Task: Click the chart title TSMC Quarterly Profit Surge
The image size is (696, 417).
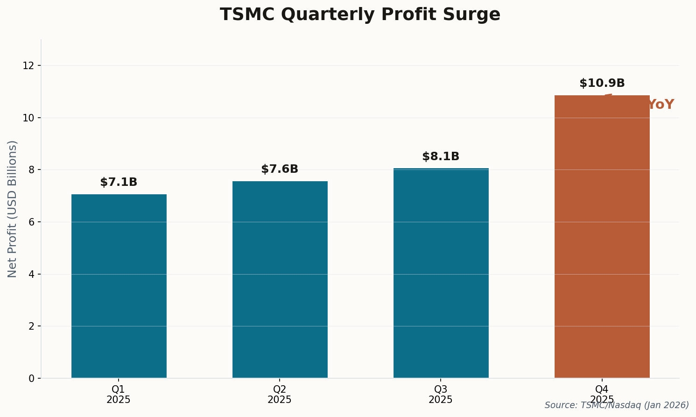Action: coord(360,15)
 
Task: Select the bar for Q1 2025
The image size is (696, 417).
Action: coord(119,286)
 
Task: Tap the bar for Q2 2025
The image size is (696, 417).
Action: coord(280,279)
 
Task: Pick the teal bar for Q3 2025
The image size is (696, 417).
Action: coord(441,273)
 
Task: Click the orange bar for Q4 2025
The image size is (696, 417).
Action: coord(602,236)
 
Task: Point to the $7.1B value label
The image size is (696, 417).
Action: coord(119,183)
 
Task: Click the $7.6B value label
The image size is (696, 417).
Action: coord(280,170)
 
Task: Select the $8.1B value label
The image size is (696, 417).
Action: coord(441,157)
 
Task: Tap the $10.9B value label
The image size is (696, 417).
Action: coord(602,84)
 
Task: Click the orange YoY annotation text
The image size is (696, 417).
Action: coord(661,105)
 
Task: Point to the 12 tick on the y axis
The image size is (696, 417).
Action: coord(29,65)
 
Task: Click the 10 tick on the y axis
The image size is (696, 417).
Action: coord(29,118)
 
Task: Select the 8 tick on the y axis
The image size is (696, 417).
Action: coord(32,170)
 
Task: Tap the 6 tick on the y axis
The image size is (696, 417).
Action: coord(32,222)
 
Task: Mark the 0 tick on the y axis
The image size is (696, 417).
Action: coord(32,378)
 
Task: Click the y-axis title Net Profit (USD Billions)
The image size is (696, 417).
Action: coord(13,209)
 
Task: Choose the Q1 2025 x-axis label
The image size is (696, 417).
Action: coord(119,395)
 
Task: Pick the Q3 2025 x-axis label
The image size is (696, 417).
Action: coord(441,395)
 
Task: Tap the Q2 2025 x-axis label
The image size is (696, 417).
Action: coord(280,395)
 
